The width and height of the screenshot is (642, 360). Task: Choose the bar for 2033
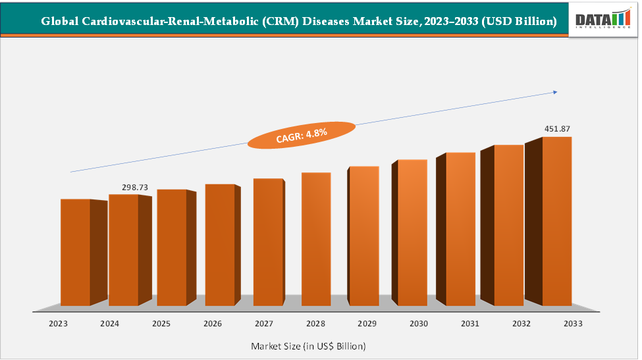[x=556, y=221]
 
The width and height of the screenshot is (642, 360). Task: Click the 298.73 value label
[x=135, y=188]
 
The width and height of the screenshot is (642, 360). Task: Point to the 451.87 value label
[x=557, y=128]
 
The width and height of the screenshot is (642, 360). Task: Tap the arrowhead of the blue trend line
[x=554, y=93]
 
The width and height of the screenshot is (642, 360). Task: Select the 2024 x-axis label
[x=109, y=324]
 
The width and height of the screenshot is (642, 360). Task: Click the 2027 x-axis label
[x=264, y=324]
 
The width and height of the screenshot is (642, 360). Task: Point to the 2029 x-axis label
[x=367, y=324]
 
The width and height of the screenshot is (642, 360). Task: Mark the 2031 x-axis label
[x=469, y=324]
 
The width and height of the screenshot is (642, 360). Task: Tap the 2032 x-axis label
[x=521, y=324]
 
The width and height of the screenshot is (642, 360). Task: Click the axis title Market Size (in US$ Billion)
[x=308, y=346]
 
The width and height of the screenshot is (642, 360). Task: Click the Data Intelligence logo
[x=603, y=20]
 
